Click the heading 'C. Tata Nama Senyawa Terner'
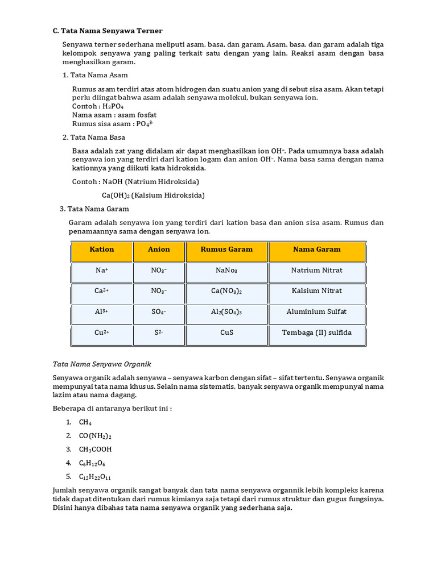108,30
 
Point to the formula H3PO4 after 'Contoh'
113,106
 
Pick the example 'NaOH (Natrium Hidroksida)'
151,182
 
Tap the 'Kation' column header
102,250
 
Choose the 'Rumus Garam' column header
226,250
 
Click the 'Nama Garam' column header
317,250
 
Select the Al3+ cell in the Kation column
102,312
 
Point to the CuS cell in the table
226,333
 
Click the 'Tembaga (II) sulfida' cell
317,333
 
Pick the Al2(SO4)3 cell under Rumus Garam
226,312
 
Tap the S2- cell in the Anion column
159,333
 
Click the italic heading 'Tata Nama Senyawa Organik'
102,364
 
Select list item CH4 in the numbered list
85,422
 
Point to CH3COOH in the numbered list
96,450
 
